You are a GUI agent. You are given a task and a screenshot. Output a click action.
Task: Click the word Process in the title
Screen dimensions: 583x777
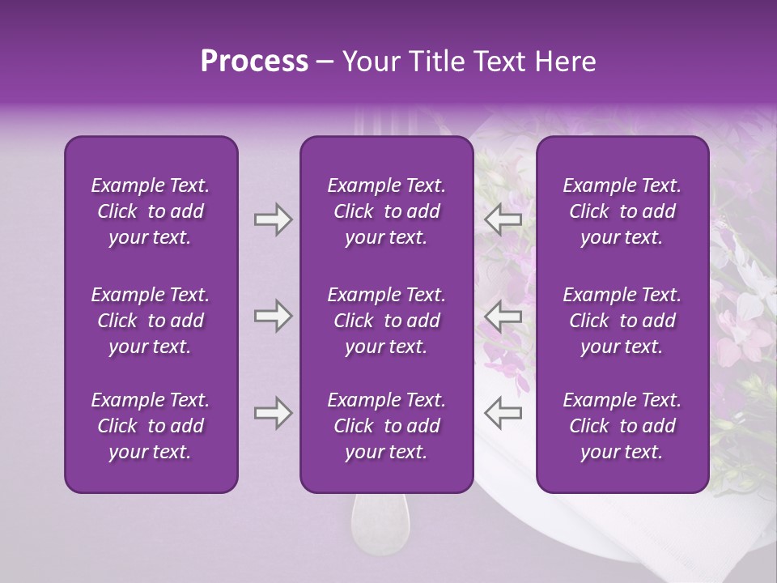(254, 62)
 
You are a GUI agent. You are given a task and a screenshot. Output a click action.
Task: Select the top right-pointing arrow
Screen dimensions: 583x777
(273, 219)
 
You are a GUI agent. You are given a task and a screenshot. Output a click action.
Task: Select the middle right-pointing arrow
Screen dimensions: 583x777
(273, 316)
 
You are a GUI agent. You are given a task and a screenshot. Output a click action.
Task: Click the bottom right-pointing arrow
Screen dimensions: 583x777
(273, 413)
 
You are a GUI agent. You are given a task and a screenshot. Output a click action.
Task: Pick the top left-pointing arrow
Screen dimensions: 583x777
(503, 219)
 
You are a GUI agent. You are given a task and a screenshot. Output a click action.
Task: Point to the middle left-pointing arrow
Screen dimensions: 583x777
(503, 316)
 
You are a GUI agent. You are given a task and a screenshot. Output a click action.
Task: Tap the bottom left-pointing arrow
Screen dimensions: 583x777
(503, 413)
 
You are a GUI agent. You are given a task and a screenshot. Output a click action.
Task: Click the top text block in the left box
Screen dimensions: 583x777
(151, 211)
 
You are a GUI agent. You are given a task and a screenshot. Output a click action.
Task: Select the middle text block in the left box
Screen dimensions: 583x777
(151, 321)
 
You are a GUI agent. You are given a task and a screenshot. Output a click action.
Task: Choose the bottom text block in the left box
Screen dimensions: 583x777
(151, 426)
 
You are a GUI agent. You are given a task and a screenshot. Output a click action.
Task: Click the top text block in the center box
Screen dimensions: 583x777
(387, 211)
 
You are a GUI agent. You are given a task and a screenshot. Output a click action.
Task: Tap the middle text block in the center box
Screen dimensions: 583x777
(387, 321)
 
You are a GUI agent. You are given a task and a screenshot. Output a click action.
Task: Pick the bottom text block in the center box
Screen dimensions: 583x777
(387, 426)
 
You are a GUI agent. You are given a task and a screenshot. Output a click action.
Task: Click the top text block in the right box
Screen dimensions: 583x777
(622, 211)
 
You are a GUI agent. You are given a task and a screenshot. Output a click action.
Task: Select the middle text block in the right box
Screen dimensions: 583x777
(622, 321)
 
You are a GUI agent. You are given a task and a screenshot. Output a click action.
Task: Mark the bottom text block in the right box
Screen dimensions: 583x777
(622, 426)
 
